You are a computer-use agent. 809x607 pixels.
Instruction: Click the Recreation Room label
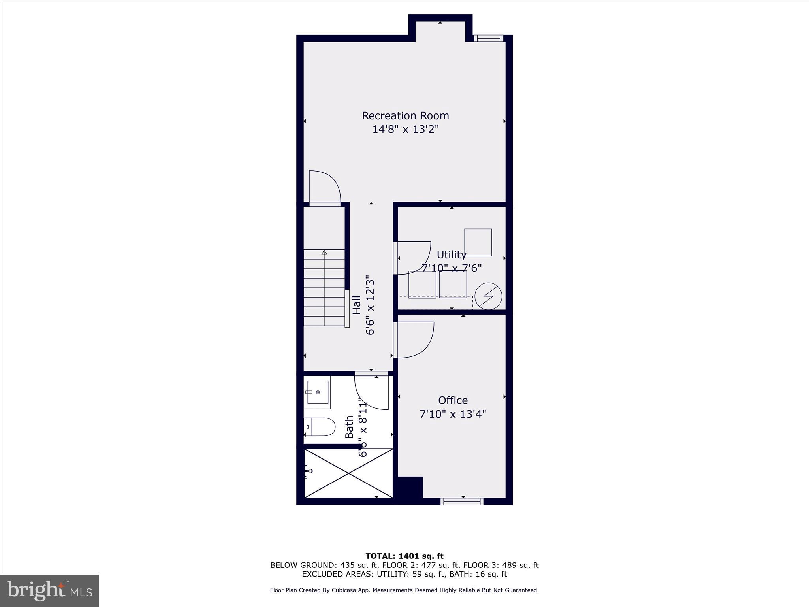(405, 116)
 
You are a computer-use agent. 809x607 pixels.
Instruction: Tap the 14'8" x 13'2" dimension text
(405, 129)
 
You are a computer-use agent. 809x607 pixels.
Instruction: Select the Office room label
(453, 400)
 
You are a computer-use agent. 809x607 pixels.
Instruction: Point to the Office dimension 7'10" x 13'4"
(453, 414)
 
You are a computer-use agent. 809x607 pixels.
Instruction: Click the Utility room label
(451, 254)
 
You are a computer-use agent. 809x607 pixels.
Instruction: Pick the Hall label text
(357, 305)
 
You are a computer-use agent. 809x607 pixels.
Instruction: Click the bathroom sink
(318, 392)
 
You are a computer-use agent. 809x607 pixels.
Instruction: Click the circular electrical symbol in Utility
(488, 296)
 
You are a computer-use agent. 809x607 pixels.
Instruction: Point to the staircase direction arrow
(324, 253)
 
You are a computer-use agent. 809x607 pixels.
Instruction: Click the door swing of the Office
(415, 340)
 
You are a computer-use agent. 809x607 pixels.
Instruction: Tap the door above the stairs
(325, 188)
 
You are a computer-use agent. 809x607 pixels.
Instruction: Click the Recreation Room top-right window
(489, 38)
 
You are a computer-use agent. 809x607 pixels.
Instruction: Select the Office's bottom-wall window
(462, 501)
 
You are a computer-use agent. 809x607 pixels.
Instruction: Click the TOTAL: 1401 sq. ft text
(404, 556)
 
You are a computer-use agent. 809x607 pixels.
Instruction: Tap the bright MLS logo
(49, 590)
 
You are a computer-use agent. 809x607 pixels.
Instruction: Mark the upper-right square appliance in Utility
(478, 242)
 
